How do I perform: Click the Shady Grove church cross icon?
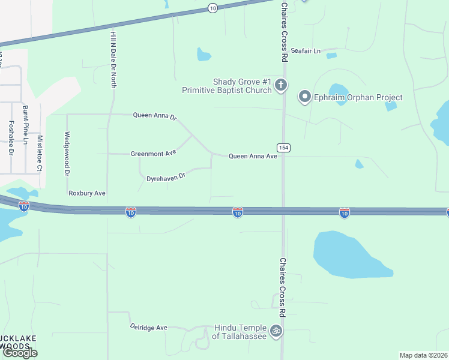281,86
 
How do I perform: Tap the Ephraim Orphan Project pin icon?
305,97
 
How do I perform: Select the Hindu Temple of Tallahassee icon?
276,331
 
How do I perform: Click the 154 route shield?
283,147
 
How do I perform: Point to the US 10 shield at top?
212,8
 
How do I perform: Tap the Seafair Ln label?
306,51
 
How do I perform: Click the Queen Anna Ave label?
253,156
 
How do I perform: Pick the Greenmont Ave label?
154,154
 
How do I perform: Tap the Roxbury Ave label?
87,193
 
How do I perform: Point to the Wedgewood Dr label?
67,154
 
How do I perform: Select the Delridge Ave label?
149,328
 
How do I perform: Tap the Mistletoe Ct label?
40,153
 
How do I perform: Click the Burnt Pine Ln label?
25,125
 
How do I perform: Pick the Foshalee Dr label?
11,138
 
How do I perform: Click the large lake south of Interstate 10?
351,253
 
